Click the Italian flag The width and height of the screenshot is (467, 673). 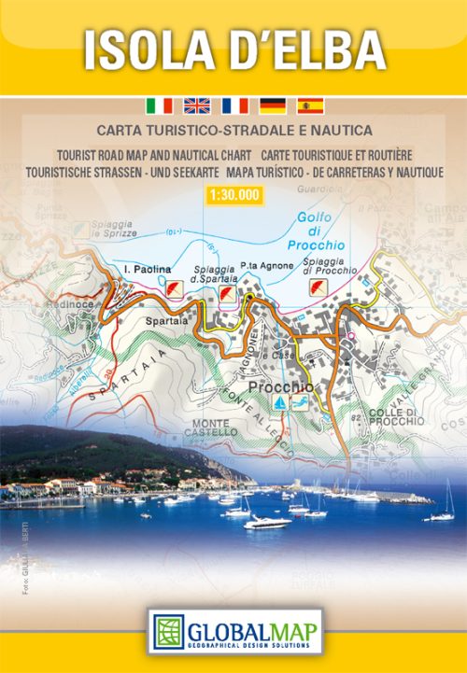click(159, 105)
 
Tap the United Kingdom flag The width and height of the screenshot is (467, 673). click(196, 105)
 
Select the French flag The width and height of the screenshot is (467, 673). click(234, 105)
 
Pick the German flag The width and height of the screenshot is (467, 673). click(272, 105)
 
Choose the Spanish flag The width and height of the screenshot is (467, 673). click(309, 105)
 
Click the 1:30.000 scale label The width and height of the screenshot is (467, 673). click(233, 195)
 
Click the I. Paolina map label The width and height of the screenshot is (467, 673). click(148, 270)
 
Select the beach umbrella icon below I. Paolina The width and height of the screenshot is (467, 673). click(173, 290)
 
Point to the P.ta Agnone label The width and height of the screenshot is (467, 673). click(267, 266)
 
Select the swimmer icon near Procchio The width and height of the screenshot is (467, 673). click(300, 402)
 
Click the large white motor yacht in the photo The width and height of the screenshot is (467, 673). click(267, 522)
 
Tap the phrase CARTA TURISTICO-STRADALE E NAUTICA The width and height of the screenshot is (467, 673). click(233, 130)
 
